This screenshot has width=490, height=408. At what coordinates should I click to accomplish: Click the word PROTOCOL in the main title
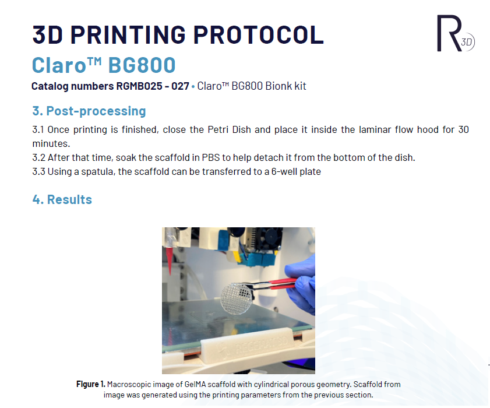(259, 34)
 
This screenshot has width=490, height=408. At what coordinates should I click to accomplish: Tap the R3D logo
(455, 33)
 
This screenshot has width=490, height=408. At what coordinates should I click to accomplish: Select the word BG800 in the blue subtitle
(142, 65)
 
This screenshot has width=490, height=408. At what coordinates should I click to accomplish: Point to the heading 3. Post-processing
(89, 111)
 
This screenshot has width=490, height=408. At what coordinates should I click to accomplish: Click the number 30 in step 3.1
(463, 129)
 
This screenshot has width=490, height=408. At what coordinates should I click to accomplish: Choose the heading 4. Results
(62, 199)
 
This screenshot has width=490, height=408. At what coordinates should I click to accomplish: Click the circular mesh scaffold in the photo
(237, 298)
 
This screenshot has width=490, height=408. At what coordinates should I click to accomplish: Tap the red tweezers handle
(283, 283)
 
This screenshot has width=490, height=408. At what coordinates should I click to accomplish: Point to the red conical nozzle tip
(170, 261)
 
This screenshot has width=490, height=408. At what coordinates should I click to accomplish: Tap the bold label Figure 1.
(91, 384)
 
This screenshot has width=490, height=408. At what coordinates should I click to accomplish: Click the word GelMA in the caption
(195, 384)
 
